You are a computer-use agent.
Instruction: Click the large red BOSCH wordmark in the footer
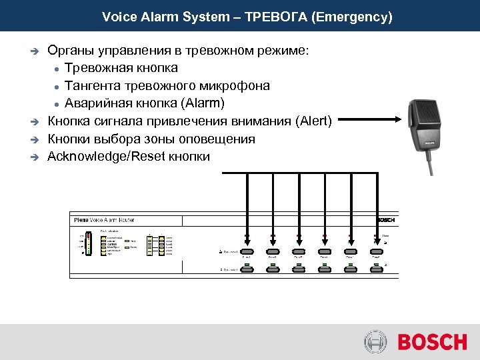pyautogui.click(x=432, y=343)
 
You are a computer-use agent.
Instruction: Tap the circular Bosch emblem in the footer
pyautogui.click(x=375, y=343)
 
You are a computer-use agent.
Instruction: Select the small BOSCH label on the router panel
pyautogui.click(x=386, y=220)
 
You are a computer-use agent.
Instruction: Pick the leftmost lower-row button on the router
pyautogui.click(x=247, y=267)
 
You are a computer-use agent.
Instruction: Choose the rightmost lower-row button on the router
pyautogui.click(x=377, y=267)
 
